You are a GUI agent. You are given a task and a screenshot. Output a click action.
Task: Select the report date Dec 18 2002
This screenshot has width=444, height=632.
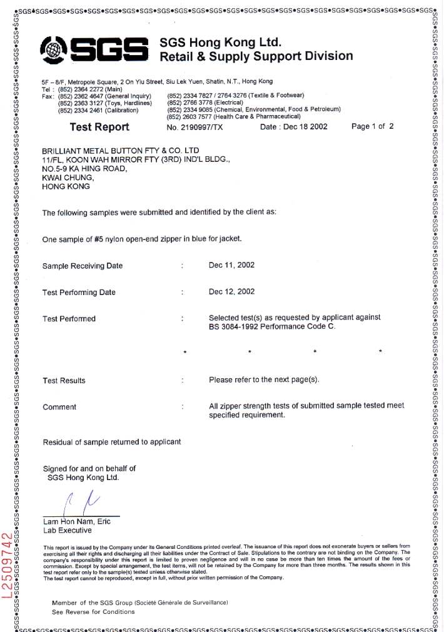[302, 127]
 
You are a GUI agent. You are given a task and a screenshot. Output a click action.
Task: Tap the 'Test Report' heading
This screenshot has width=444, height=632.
[99, 127]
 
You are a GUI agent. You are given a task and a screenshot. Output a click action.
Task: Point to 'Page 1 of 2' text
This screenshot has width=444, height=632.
[373, 126]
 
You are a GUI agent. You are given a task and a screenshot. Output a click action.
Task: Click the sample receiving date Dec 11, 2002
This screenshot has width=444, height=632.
[231, 265]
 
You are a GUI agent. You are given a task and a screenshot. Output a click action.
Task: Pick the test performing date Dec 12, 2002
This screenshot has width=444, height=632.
[231, 291]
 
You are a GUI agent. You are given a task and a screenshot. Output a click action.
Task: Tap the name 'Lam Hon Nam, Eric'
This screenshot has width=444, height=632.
[75, 521]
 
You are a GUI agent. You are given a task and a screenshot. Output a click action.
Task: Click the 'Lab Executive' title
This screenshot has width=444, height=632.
[67, 530]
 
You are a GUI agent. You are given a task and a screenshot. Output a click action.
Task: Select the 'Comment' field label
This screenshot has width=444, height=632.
[59, 407]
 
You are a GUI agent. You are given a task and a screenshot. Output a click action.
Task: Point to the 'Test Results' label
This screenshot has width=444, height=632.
[64, 380]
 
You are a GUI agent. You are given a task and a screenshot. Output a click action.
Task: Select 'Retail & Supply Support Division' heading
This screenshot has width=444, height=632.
[256, 56]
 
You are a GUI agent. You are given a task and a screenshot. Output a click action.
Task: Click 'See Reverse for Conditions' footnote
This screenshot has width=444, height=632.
[93, 611]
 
